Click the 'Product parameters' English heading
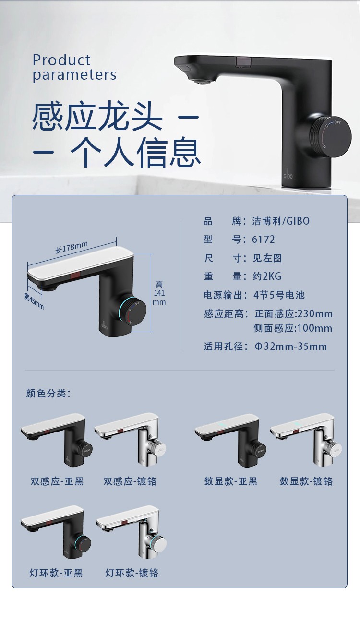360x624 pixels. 74,68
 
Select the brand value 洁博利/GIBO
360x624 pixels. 281,221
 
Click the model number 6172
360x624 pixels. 264,240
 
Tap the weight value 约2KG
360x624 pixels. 267,276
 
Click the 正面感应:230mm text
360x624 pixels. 293,314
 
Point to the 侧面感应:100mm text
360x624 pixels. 293,329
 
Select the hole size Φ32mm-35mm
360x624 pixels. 290,347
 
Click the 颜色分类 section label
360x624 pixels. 48,394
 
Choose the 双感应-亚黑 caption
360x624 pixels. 57,481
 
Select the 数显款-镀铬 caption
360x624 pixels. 306,481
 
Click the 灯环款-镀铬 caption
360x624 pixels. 132,573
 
